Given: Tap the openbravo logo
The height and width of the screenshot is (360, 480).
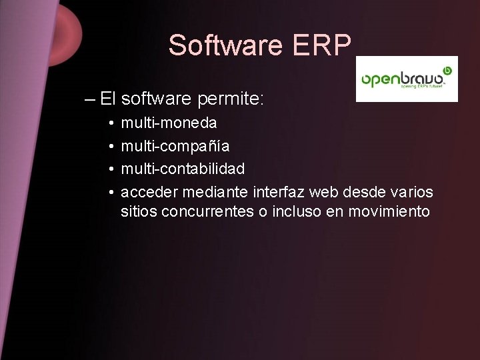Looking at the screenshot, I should pyautogui.click(x=407, y=79).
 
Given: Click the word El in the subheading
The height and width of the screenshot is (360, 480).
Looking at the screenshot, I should pyautogui.click(x=109, y=99).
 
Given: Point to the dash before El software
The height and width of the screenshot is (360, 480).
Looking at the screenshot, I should pyautogui.click(x=90, y=100).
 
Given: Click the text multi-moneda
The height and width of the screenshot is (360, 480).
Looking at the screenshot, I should pyautogui.click(x=169, y=123).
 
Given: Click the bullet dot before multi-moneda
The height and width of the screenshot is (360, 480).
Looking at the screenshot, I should pyautogui.click(x=109, y=124).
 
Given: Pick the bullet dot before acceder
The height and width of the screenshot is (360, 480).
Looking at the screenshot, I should pyautogui.click(x=109, y=193).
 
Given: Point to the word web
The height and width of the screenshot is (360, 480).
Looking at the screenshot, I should pyautogui.click(x=325, y=192).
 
